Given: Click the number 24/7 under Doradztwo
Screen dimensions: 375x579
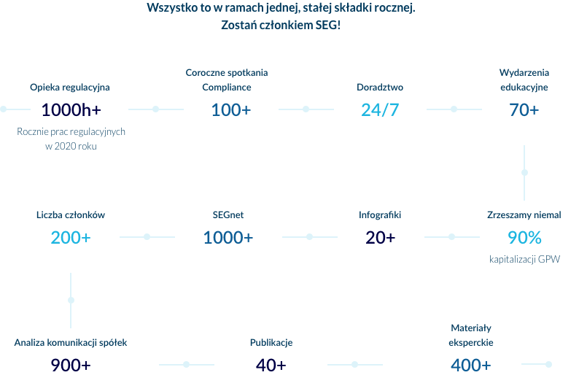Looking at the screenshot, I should click(380, 110).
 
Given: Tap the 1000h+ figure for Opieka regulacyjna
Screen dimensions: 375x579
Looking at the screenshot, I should click(71, 110).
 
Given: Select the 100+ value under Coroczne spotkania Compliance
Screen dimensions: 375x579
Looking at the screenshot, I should click(230, 110).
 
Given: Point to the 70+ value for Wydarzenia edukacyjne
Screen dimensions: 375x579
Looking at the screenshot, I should click(524, 110).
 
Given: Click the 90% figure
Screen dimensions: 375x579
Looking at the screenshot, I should click(524, 238).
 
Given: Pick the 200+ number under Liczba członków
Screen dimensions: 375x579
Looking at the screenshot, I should click(71, 238).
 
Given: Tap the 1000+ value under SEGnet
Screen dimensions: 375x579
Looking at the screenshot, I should click(228, 238).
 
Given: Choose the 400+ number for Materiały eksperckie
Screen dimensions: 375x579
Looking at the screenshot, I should click(470, 365).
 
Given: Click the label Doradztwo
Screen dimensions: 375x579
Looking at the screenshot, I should click(380, 88).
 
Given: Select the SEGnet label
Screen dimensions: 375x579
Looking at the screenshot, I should click(228, 215).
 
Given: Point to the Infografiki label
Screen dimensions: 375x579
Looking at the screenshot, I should click(380, 215).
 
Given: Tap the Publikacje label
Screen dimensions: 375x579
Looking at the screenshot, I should click(271, 342).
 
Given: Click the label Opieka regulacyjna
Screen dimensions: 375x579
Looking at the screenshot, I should click(70, 88).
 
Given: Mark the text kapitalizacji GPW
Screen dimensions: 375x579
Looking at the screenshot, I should click(524, 260).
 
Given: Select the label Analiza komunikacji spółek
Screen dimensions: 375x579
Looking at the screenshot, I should click(71, 342).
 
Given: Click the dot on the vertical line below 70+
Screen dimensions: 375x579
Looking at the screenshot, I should click(524, 173).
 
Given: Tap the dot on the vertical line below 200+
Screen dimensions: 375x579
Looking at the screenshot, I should click(71, 300).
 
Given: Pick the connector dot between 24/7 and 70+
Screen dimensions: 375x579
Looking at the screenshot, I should click(454, 109).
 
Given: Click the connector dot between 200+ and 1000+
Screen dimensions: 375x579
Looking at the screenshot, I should click(147, 237).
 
